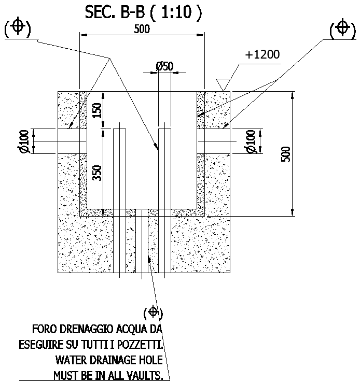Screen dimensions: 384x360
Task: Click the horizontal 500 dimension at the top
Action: pyautogui.click(x=141, y=29)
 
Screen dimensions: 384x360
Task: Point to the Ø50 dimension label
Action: pyautogui.click(x=164, y=66)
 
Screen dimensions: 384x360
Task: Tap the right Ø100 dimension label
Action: pyautogui.click(x=251, y=141)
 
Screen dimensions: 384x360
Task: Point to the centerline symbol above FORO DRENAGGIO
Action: pyautogui.click(x=153, y=312)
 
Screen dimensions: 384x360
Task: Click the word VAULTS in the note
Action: pyautogui.click(x=146, y=375)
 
